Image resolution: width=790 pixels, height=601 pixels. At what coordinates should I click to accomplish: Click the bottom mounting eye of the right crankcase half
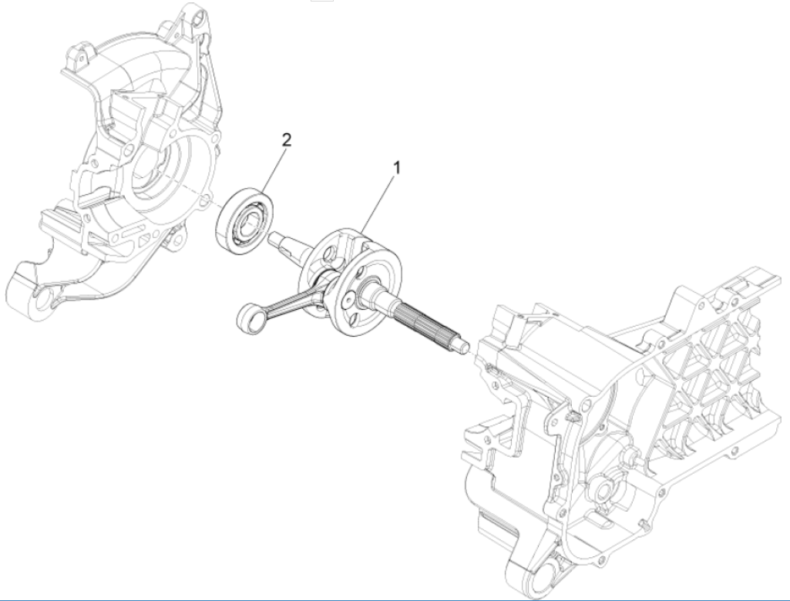(544, 569)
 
